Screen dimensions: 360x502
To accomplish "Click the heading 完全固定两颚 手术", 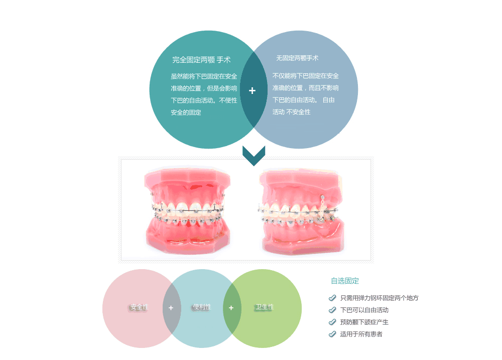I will [x=201, y=60].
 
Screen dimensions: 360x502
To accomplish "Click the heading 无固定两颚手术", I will [x=297, y=58].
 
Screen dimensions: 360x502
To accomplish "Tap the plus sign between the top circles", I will [x=253, y=91].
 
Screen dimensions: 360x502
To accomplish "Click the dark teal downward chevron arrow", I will [x=254, y=155].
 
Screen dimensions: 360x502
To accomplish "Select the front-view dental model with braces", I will [x=187, y=211].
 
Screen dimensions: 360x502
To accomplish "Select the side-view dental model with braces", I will [x=301, y=211].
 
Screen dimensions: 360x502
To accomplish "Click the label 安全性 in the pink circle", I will [x=139, y=307].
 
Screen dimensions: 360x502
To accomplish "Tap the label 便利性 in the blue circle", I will [x=202, y=307].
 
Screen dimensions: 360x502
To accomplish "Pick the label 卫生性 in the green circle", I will [x=264, y=307].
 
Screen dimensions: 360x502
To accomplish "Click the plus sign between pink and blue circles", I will [x=171, y=308].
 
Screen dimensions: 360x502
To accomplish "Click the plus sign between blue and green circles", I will [x=231, y=308].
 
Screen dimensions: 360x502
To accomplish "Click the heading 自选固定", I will [x=345, y=281].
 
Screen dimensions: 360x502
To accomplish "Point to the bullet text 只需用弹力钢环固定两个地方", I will [x=379, y=298].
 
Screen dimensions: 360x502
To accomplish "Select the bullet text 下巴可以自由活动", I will [x=364, y=310].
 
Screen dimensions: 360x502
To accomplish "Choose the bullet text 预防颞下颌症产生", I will [x=364, y=322].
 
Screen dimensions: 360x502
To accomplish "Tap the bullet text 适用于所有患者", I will [x=361, y=334].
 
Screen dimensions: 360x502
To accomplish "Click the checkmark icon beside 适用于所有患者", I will [x=332, y=334].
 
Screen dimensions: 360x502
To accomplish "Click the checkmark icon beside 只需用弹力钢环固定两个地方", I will [x=332, y=298].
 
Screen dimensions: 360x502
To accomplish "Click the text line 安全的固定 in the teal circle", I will [x=186, y=112].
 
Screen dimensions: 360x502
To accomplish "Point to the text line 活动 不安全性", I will [x=292, y=112].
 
